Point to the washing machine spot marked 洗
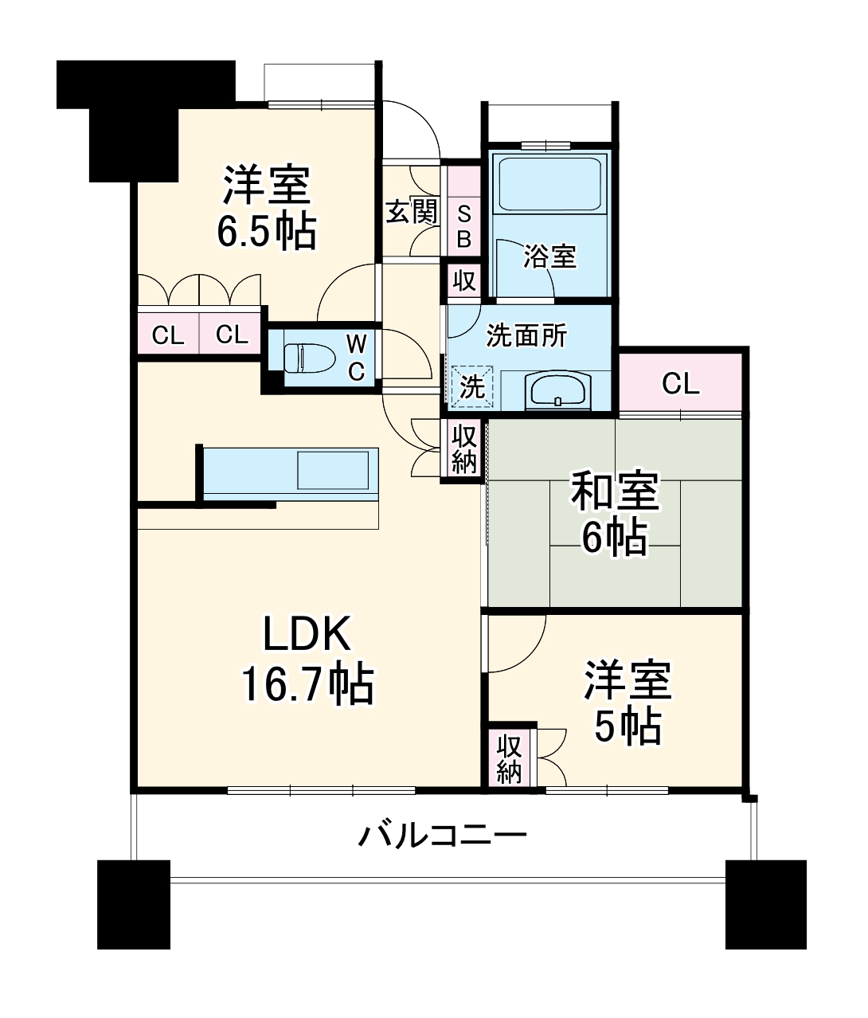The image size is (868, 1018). click(x=472, y=387)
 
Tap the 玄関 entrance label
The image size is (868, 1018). click(x=411, y=212)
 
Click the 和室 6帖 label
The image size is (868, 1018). click(x=614, y=514)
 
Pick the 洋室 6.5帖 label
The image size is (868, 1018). click(x=266, y=207)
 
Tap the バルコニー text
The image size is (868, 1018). click(x=442, y=836)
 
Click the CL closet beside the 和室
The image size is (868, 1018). click(x=681, y=384)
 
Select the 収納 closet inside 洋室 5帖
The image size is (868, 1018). click(x=510, y=758)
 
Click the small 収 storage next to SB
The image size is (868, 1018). click(x=463, y=280)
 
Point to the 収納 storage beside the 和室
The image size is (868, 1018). click(x=463, y=448)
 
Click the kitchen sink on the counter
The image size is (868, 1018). click(x=333, y=470)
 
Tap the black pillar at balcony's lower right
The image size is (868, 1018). click(x=765, y=904)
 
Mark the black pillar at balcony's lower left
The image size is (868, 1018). click(x=134, y=904)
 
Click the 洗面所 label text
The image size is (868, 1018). click(x=526, y=335)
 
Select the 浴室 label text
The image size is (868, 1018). click(x=549, y=257)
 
